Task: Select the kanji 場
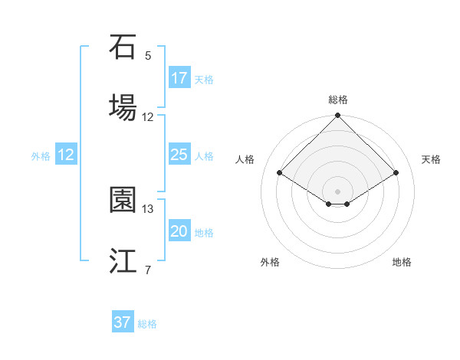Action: (123, 106)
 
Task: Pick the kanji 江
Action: (123, 260)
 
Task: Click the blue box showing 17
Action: (179, 78)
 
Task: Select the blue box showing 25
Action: (179, 155)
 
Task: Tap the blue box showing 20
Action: (179, 231)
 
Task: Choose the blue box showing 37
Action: (123, 322)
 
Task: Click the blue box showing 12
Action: (66, 155)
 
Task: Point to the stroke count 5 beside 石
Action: (148, 55)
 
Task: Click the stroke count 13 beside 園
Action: (148, 208)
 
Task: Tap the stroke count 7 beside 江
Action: (148, 270)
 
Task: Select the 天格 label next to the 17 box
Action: (204, 79)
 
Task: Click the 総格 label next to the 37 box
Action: (147, 324)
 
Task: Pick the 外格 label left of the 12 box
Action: (41, 155)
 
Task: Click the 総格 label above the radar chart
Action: (338, 100)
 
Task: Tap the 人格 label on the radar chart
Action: (245, 159)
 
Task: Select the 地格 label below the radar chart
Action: (402, 262)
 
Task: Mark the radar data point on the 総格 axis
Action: (338, 116)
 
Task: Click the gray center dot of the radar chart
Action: (338, 191)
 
